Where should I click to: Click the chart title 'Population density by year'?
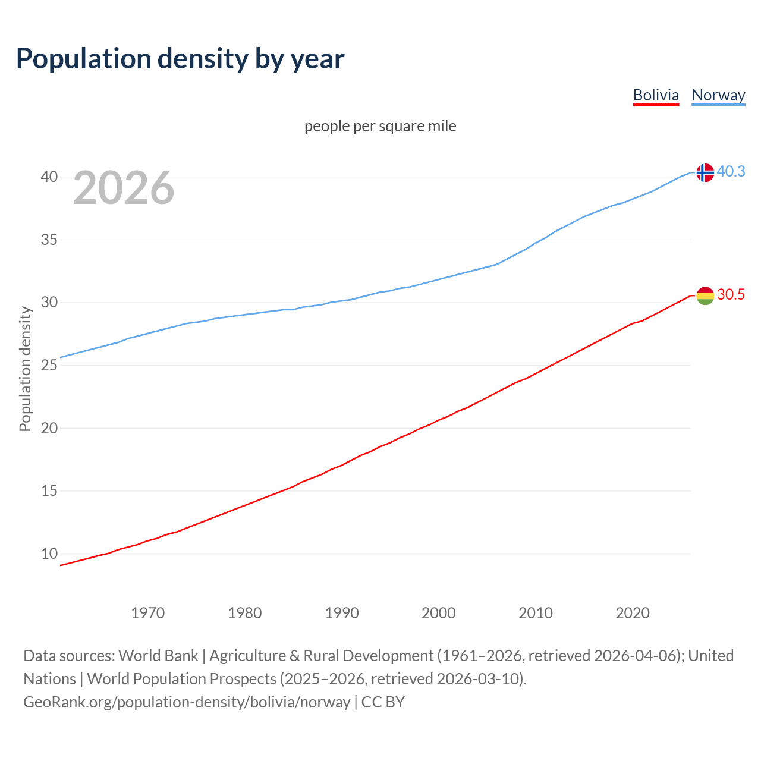tap(180, 59)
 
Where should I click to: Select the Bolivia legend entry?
tap(656, 95)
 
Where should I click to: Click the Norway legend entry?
tap(718, 95)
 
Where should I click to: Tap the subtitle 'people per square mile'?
tap(380, 127)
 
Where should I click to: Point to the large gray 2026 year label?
tap(124, 188)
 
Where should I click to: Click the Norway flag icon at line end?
tap(705, 172)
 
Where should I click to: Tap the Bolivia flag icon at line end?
tap(705, 295)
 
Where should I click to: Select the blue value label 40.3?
tap(731, 172)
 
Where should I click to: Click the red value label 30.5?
tap(731, 295)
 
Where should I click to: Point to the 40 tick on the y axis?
tap(49, 177)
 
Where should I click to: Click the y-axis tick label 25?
tap(49, 365)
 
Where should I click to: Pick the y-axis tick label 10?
tap(49, 554)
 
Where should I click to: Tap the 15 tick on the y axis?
tap(49, 491)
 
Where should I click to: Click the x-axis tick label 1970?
tap(148, 613)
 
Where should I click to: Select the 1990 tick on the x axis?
tap(342, 613)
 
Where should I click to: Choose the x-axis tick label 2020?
tap(633, 613)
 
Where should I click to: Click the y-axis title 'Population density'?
tap(25, 369)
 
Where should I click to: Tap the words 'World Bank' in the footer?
tap(158, 656)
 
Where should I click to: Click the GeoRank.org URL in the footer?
tap(187, 702)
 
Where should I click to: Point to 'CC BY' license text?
tap(383, 702)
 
